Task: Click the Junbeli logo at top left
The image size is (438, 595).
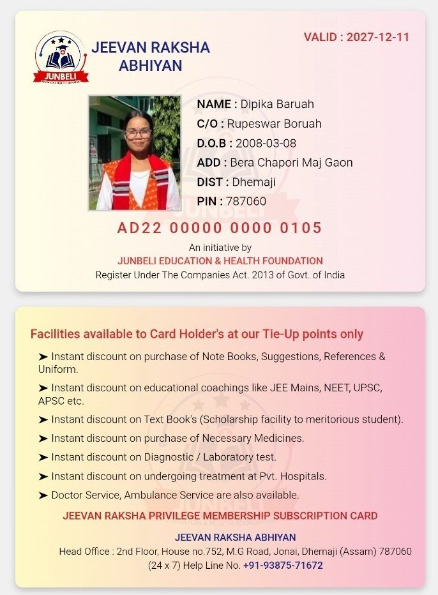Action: tap(61, 57)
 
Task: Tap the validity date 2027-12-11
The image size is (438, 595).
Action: tap(378, 36)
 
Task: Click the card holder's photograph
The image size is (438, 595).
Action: tap(135, 153)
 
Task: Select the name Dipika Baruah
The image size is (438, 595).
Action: tap(277, 104)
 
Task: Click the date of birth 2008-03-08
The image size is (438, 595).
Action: tap(266, 143)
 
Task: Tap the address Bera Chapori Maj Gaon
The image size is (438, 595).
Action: tap(291, 163)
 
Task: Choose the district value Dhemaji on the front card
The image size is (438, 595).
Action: tap(253, 182)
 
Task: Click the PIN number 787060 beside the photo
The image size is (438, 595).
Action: tap(246, 202)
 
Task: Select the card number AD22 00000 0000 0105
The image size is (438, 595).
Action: tap(220, 228)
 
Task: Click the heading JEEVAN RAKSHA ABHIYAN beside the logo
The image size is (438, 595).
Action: tap(151, 56)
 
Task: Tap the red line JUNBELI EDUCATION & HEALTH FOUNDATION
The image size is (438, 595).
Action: tap(220, 260)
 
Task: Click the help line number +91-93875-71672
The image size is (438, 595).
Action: tap(283, 566)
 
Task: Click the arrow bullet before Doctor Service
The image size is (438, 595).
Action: tap(43, 495)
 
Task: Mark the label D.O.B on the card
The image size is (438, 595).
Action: tap(215, 143)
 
